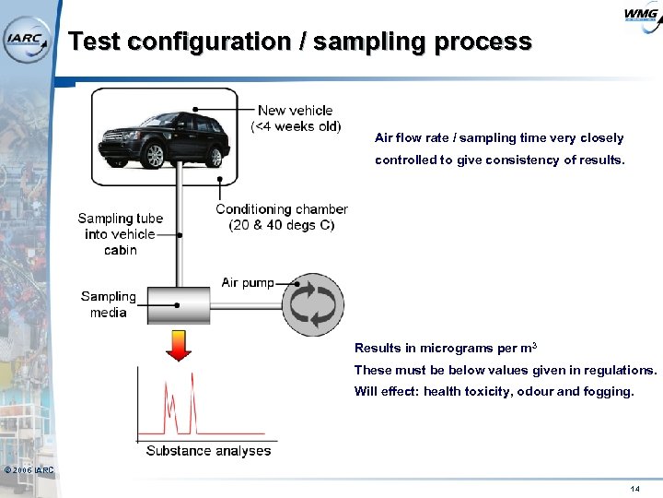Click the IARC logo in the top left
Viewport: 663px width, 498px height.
25,39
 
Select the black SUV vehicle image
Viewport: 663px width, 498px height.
171,136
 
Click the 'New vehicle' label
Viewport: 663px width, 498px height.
295,111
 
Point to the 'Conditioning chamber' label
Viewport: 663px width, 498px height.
282,209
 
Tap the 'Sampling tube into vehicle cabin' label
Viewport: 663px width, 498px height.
120,234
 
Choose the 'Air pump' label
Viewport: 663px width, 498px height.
248,282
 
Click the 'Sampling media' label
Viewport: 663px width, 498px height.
108,304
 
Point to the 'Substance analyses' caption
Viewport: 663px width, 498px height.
208,451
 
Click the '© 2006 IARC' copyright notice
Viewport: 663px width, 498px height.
29,471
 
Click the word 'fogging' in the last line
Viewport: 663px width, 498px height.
607,391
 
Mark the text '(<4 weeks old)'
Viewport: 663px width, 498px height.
295,126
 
